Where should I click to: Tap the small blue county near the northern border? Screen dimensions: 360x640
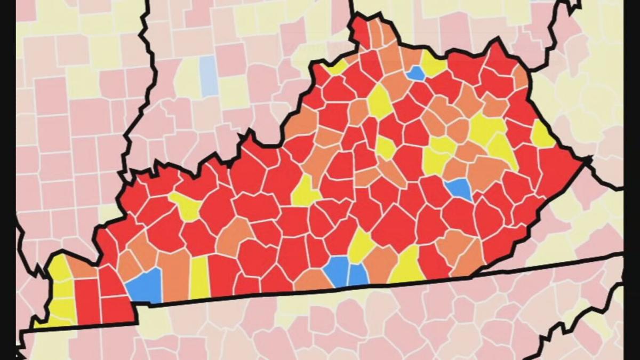[415, 74]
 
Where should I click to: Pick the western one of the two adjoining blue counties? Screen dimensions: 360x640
[337, 270]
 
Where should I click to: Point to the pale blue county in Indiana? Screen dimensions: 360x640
[209, 76]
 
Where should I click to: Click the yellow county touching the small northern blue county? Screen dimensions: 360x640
[433, 65]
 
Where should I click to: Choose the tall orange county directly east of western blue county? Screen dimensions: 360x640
[174, 274]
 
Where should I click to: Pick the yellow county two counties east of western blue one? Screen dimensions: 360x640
[199, 277]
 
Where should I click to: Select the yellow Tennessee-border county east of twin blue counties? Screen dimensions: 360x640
[406, 266]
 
